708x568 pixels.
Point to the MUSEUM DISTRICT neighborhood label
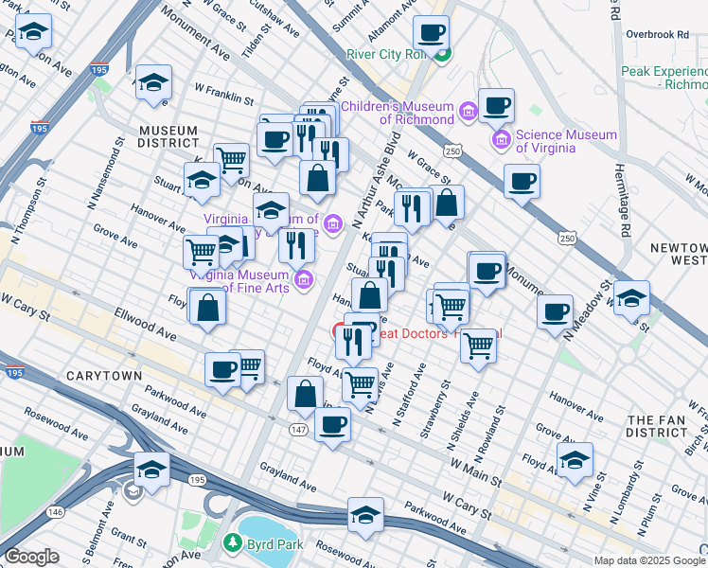pyautogui.click(x=167, y=136)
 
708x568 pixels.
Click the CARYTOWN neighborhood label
pyautogui.click(x=104, y=376)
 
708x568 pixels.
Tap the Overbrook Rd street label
pyautogui.click(x=656, y=35)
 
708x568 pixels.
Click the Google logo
pyautogui.click(x=31, y=557)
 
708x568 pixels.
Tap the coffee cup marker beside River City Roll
pyautogui.click(x=431, y=35)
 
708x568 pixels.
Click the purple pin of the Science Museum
pyautogui.click(x=502, y=142)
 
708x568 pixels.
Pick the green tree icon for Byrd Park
pyautogui.click(x=232, y=543)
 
